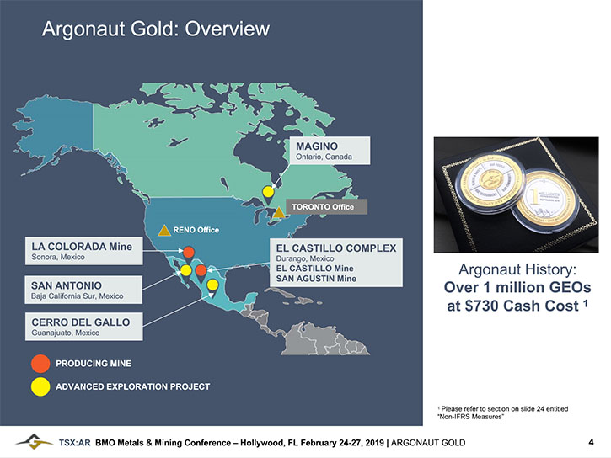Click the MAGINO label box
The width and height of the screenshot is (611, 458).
tap(330, 151)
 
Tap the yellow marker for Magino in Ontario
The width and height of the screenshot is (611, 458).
tap(268, 191)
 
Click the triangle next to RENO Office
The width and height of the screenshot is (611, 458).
tap(164, 231)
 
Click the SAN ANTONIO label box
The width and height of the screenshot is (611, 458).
tap(83, 290)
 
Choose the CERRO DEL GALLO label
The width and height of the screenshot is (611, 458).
tap(83, 327)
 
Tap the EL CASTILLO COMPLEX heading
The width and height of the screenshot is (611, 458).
tap(336, 248)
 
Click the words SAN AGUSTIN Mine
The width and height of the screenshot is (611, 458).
tap(316, 279)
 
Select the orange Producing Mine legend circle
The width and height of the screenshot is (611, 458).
tap(40, 364)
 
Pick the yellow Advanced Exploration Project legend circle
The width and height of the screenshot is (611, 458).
tap(40, 386)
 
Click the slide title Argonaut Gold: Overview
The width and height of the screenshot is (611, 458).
tap(155, 29)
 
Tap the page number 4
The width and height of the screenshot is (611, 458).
tap(591, 442)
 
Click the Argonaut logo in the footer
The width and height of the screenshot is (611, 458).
tap(34, 442)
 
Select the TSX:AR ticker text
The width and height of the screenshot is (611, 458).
tap(74, 443)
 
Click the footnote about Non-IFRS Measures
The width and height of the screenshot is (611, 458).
tap(502, 413)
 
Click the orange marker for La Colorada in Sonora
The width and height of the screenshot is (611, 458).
tap(189, 253)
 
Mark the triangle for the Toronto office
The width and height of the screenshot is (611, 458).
tap(279, 212)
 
